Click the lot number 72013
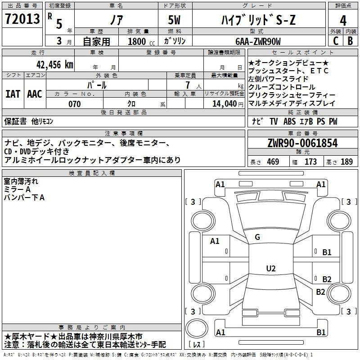pos(22,18)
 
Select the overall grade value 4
pos(343,20)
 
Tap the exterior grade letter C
pos(336,41)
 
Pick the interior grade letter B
pos(350,41)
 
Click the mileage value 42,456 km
pos(55,65)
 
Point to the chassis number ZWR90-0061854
pos(302,143)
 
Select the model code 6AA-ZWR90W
pos(258,41)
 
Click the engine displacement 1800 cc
pos(141,42)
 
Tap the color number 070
pos(75,104)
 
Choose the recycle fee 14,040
pos(225,104)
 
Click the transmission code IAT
pos(13,94)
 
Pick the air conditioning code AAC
pos(35,94)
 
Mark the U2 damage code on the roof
pos(271,268)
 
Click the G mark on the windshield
pos(257,237)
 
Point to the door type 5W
pos(174,20)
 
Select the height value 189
pos(346,162)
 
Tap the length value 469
pos(273,162)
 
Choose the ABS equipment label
pos(289,121)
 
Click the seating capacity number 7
pos(188,85)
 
